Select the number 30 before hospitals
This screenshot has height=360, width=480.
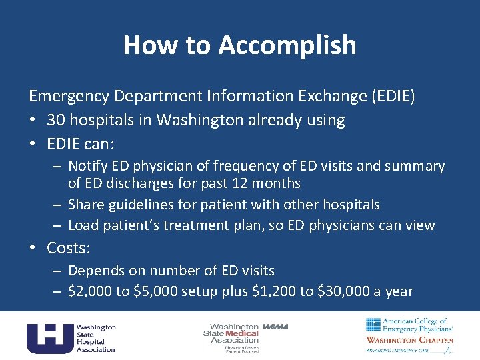coord(56,120)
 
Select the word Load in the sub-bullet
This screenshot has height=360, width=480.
coord(83,225)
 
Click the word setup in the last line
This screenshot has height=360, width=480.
coord(198,291)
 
